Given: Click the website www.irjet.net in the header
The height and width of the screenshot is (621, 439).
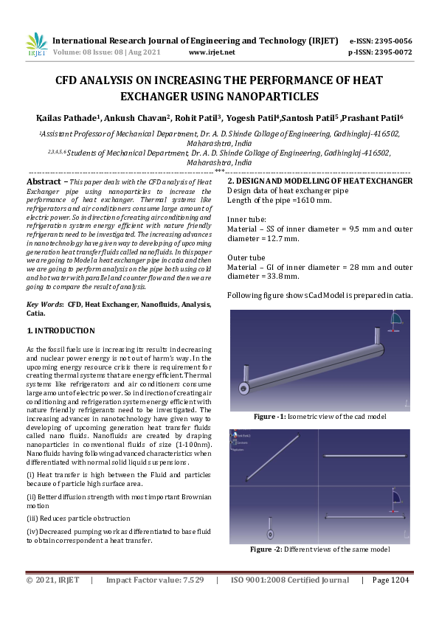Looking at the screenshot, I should click(x=212, y=53).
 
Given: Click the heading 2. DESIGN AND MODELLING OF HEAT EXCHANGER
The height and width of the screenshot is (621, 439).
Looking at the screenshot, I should click(x=319, y=181).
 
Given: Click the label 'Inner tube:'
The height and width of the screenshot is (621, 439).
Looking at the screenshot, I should click(x=246, y=219).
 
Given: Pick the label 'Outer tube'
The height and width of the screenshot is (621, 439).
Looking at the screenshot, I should click(x=246, y=257).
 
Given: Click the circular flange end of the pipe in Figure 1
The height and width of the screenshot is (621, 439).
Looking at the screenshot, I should click(x=243, y=388).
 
